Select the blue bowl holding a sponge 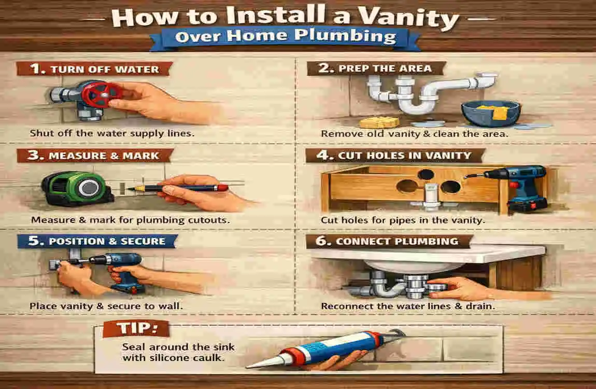pyautogui.click(x=490, y=114)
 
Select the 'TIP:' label pyautogui.click(x=136, y=329)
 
